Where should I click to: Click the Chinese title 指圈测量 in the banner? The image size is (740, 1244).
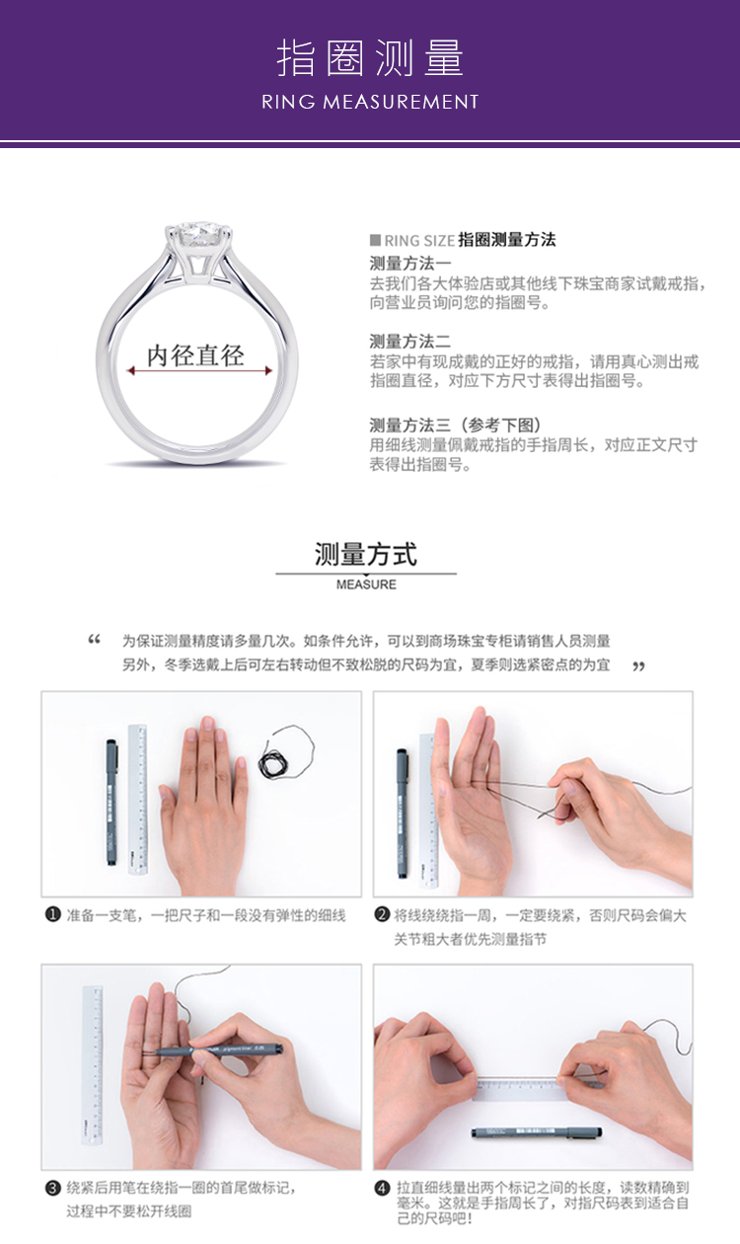coord(370,57)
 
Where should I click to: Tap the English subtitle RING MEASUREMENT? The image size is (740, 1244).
coord(370,102)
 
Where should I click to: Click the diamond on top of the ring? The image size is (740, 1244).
coord(198,235)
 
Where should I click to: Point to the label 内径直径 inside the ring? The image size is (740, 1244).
coord(195,355)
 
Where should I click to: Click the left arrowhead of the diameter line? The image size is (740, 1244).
coord(130,370)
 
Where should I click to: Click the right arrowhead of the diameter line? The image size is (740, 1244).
coord(268,370)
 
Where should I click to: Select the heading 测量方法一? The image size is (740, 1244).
coord(410,264)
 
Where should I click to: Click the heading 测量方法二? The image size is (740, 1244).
coord(410,341)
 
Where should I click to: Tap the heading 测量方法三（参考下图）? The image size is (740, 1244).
coord(455,426)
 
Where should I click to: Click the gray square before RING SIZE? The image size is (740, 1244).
coord(375,240)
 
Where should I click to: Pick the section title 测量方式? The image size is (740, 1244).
coord(366,554)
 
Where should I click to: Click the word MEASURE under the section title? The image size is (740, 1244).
coord(366,584)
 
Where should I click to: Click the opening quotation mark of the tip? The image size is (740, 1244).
coord(95,639)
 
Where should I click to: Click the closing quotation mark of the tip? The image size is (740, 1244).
coord(639,665)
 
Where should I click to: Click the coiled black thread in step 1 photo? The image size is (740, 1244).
coord(277,763)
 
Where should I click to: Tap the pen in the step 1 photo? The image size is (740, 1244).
coord(111,802)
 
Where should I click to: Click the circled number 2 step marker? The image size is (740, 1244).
coord(382,914)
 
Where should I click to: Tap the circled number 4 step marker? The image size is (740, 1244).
coord(382,1188)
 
